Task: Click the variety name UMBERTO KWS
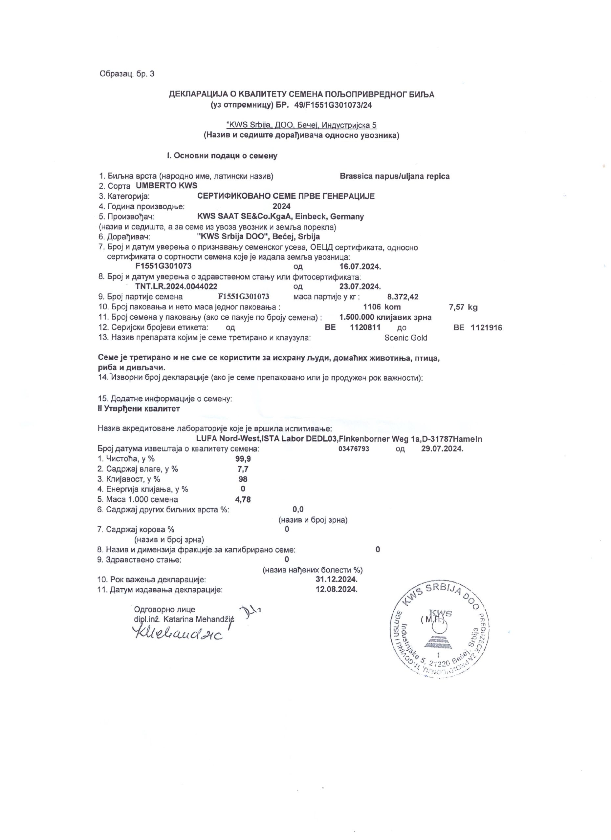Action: (x=167, y=186)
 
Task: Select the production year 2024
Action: (x=281, y=206)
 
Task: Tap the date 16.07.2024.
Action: (x=360, y=267)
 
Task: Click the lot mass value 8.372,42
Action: (x=403, y=297)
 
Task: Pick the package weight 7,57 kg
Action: (x=463, y=307)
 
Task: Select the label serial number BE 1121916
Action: (x=478, y=327)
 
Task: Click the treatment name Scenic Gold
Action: (x=406, y=338)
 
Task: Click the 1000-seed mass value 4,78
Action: (x=243, y=499)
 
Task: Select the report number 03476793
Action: (x=354, y=449)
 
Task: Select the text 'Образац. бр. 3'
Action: (x=127, y=74)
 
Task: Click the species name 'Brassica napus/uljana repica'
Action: (x=395, y=176)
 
